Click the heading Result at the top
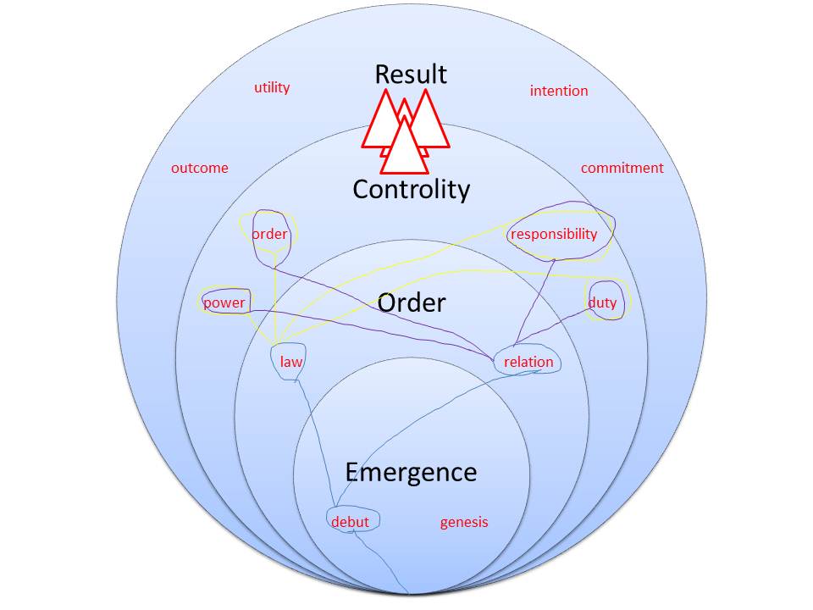[411, 74]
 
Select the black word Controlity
[411, 189]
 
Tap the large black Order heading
[412, 302]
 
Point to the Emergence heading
[411, 472]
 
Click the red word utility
[272, 87]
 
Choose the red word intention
[559, 91]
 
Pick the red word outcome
[200, 168]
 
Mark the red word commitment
[622, 168]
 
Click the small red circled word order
[270, 234]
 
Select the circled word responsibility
[554, 234]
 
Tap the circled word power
[224, 302]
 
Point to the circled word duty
[603, 302]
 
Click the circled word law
[291, 362]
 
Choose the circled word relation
[528, 362]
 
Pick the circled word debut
[351, 522]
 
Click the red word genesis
[464, 522]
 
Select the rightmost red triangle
[430, 124]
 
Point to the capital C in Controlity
[362, 189]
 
